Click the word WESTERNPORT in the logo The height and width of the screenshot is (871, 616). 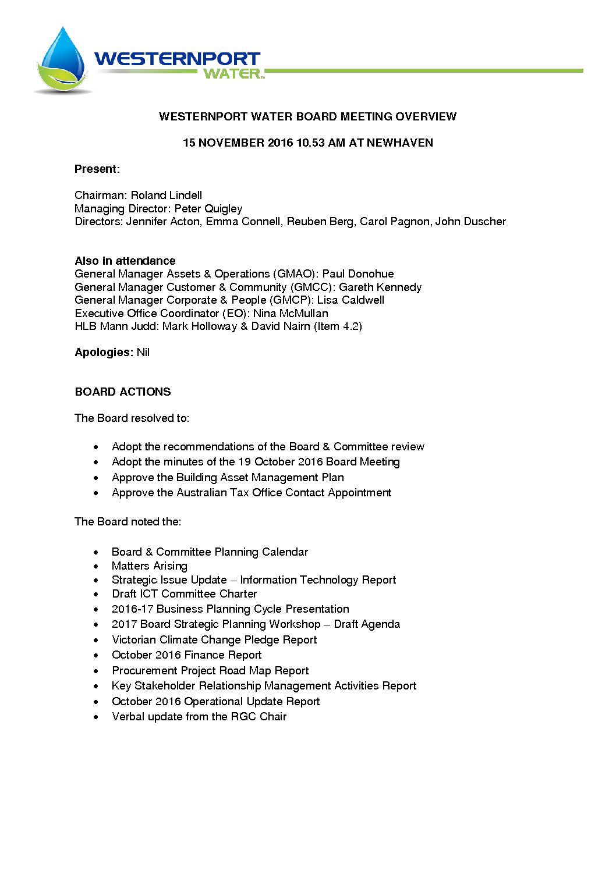coord(177,59)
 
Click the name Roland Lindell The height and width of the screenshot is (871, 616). coord(167,195)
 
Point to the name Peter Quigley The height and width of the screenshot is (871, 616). coord(208,209)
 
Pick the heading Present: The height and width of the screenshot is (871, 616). coord(97,169)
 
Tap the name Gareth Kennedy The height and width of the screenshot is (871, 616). coord(380,287)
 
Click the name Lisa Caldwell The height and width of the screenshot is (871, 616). coord(351,300)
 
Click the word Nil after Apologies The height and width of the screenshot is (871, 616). coord(143,353)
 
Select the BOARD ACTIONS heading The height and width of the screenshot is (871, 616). coord(123,392)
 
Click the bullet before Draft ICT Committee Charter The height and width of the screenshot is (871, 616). coord(96,595)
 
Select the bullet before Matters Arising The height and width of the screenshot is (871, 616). coord(96,566)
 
